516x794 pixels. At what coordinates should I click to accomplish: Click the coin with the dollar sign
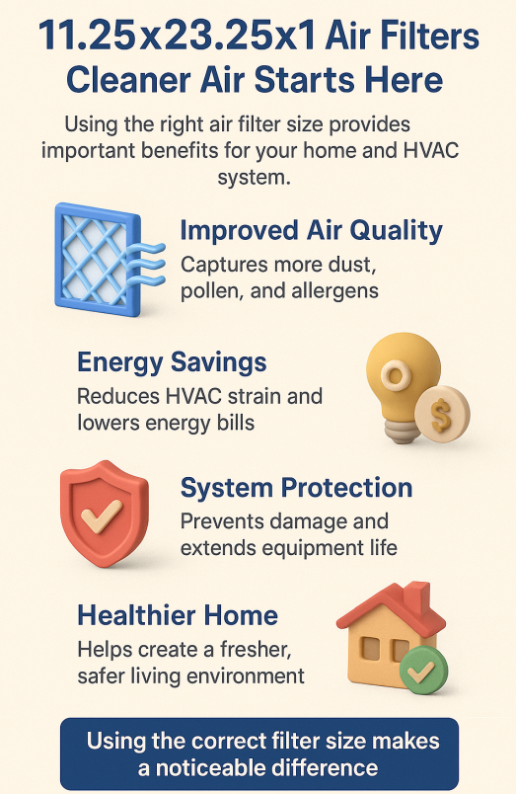[x=442, y=413]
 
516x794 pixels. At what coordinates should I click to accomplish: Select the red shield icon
[x=105, y=513]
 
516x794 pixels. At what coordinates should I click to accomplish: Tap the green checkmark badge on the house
[x=423, y=670]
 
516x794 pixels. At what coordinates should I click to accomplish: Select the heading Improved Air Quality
[x=312, y=231]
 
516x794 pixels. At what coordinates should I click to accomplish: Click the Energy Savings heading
[x=172, y=362]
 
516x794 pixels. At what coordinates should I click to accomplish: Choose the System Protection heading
[x=296, y=488]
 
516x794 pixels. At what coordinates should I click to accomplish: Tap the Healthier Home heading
[x=178, y=615]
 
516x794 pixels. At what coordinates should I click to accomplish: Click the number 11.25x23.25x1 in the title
[x=177, y=37]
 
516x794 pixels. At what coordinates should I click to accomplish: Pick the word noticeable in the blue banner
[x=214, y=768]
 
